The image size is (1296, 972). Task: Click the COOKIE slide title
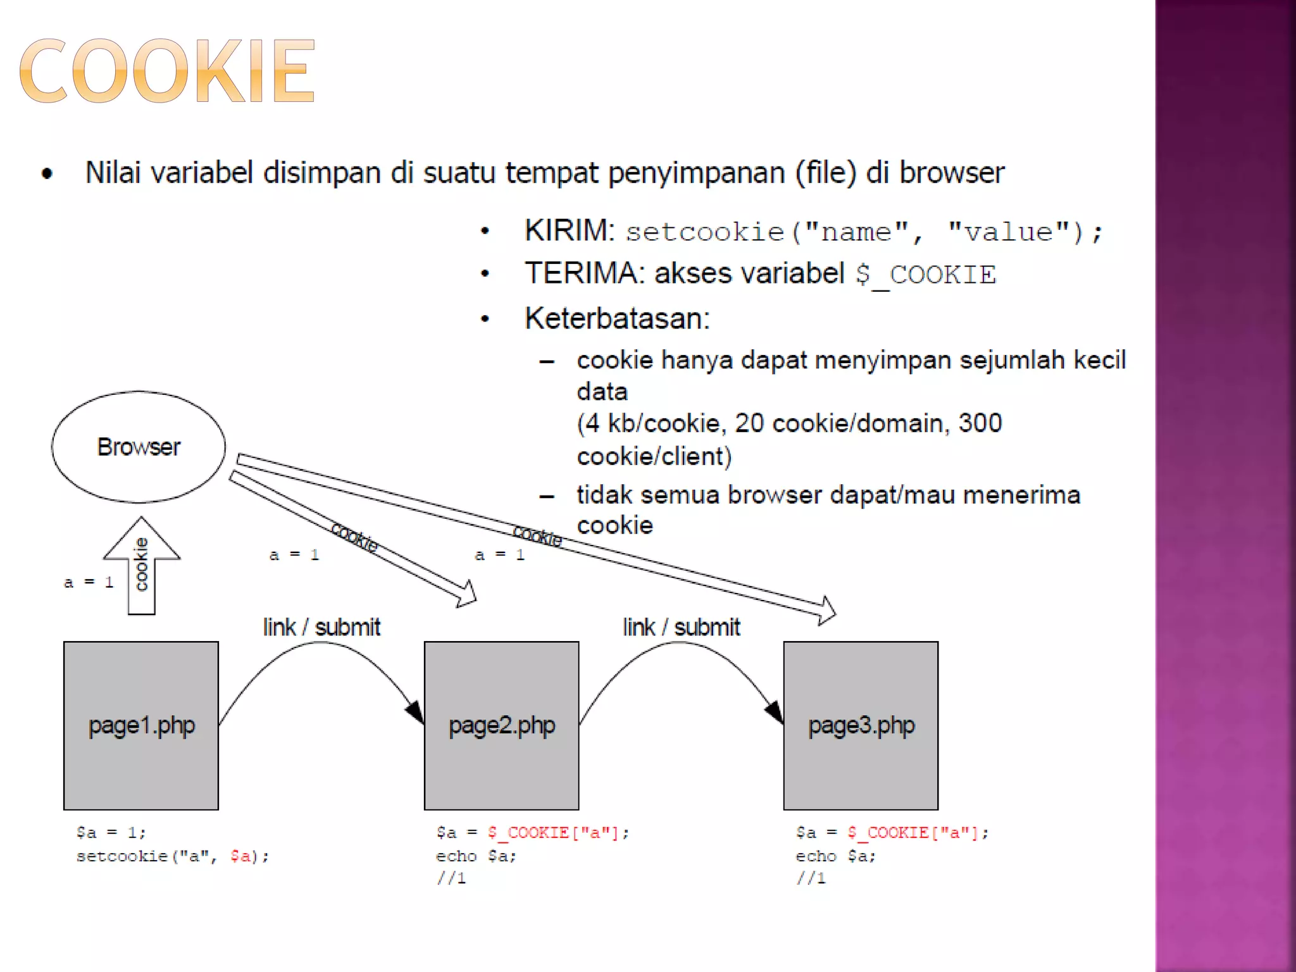coord(167,70)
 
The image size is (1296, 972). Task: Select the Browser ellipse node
coord(139,447)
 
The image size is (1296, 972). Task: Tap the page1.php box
coord(141,725)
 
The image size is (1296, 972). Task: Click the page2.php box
coord(501,725)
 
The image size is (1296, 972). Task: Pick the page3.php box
coord(861,725)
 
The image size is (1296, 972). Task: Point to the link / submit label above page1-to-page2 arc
coord(321,627)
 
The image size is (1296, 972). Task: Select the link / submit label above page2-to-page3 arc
coord(681,627)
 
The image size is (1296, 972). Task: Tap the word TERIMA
coord(581,273)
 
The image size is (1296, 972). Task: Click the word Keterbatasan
coord(616,318)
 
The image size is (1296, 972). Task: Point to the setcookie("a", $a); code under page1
coord(172,856)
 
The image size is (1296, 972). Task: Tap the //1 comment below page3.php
coord(811,878)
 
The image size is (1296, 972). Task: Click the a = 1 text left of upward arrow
coord(89,582)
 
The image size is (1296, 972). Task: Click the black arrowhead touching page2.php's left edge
coord(415,713)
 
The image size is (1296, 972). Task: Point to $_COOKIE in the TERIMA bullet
coord(926,275)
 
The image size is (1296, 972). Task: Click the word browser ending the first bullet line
coord(952,173)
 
